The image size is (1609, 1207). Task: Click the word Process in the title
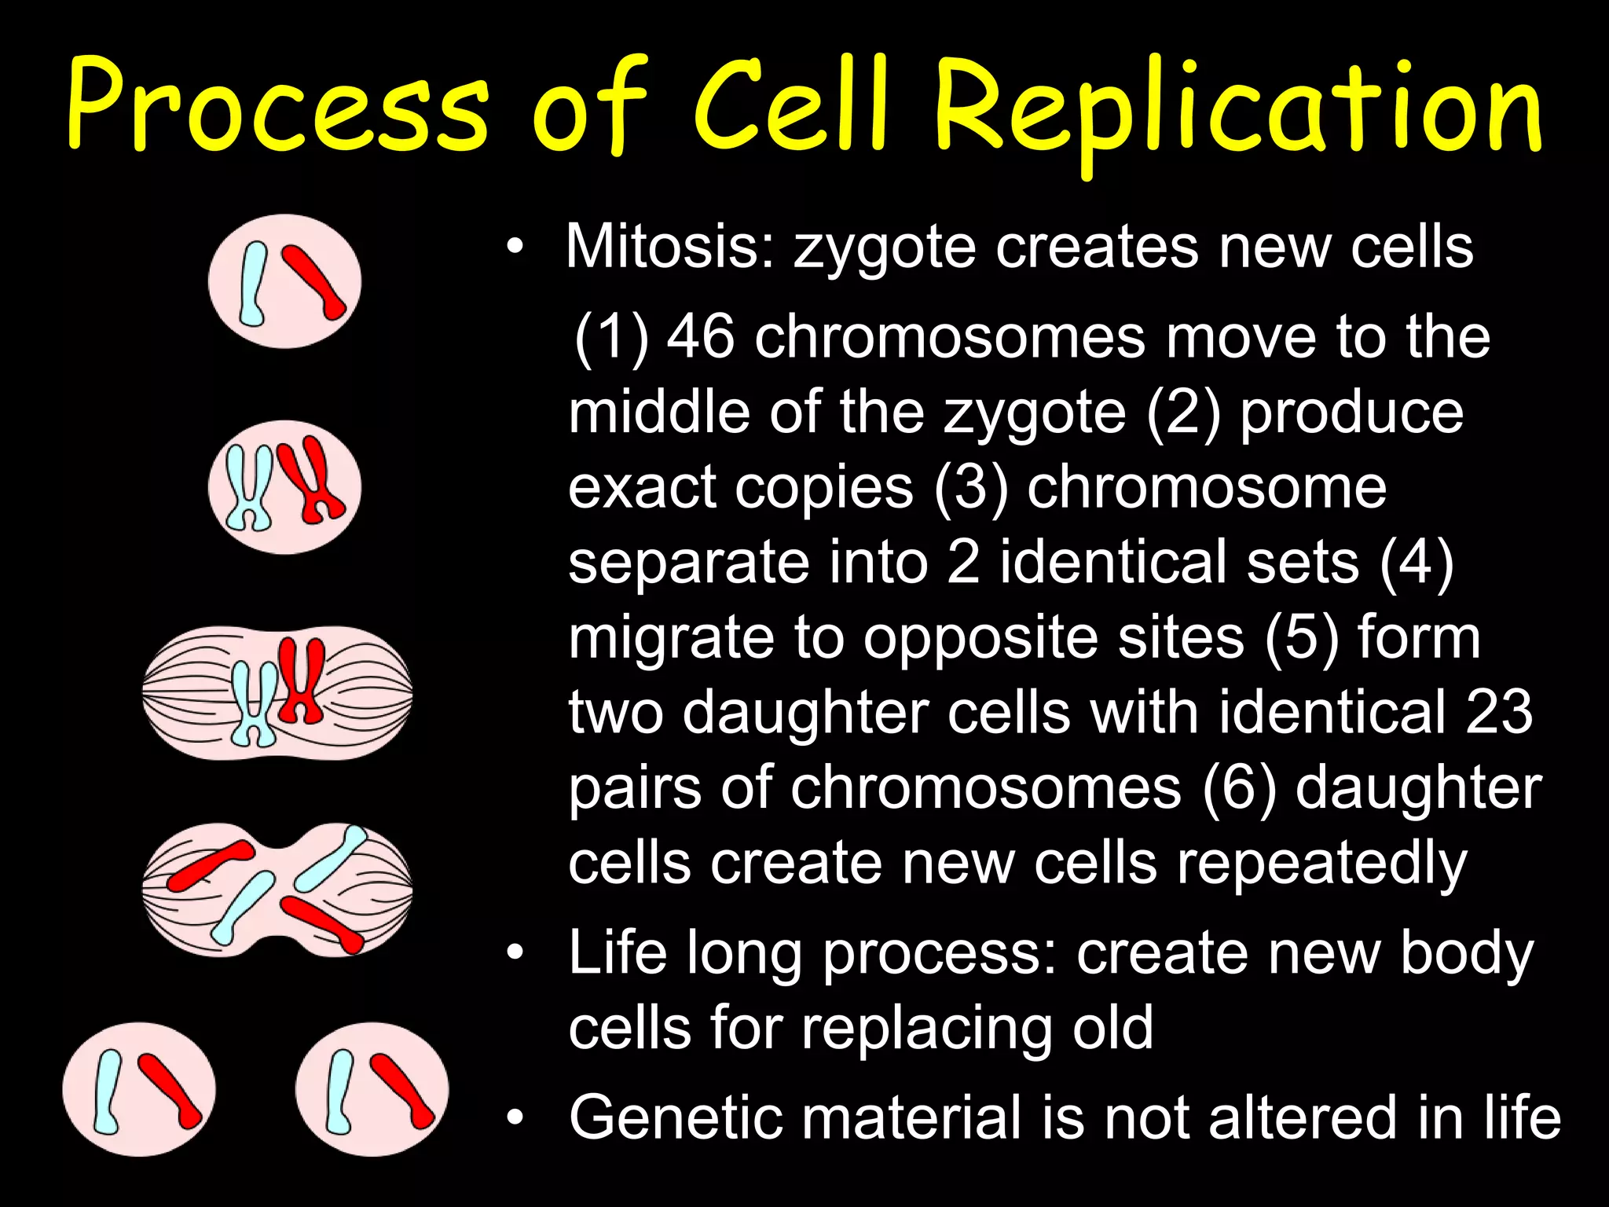click(x=279, y=106)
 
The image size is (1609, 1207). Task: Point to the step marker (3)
click(x=971, y=487)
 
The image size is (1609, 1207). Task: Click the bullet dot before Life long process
click(x=515, y=953)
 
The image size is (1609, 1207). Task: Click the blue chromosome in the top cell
click(x=253, y=283)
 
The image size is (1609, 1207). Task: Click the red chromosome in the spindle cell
click(x=301, y=681)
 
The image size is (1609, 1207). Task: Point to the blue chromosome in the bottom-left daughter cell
click(x=108, y=1091)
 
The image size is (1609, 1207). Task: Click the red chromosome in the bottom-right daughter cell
click(x=401, y=1091)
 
